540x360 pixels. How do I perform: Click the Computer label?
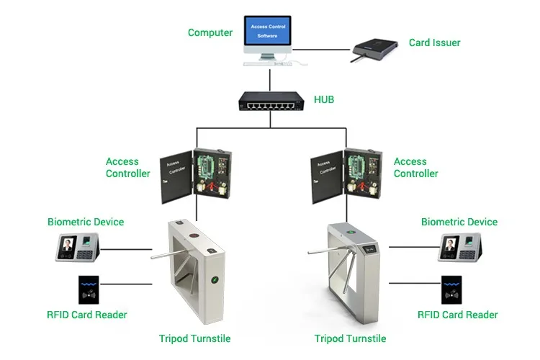[210, 32]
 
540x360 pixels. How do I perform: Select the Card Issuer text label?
[434, 42]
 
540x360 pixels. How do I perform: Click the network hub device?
[270, 106]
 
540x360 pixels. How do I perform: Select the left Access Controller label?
[127, 168]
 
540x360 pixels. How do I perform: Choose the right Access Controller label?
[415, 168]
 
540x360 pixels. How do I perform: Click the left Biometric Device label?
[86, 222]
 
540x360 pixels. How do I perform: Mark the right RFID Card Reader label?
[458, 315]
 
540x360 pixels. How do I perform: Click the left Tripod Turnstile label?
[194, 338]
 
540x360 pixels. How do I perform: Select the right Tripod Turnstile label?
[351, 338]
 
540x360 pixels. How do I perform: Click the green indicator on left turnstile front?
[213, 280]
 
